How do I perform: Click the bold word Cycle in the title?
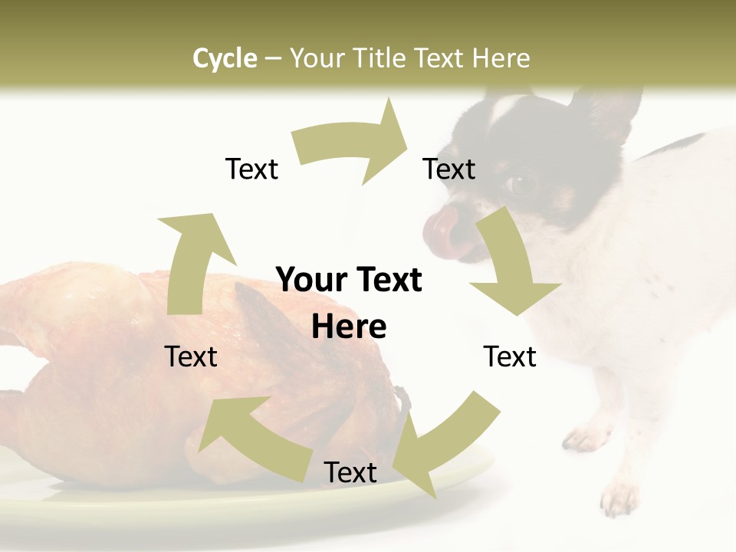point(225,58)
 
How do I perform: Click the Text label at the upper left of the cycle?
point(251,169)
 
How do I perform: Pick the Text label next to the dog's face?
point(449,169)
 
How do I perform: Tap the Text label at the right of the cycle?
point(510,356)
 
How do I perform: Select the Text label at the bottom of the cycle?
point(350,472)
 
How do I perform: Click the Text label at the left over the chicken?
point(191,356)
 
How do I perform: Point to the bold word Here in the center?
point(349,327)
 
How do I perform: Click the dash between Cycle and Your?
point(274,58)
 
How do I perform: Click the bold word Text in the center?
point(389,281)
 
